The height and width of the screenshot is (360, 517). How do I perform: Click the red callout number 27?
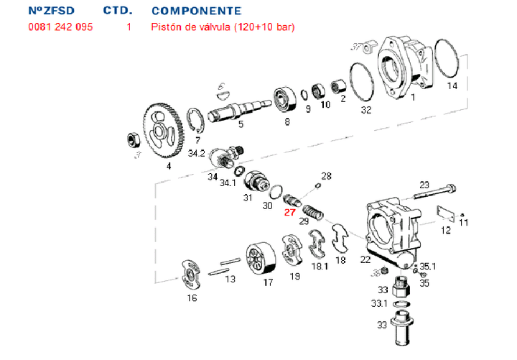(289, 212)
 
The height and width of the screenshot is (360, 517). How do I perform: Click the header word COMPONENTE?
(196, 11)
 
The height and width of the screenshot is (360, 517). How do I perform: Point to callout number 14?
(452, 86)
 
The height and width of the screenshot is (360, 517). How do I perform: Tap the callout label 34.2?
(197, 153)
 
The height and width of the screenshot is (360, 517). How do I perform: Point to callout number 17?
(268, 282)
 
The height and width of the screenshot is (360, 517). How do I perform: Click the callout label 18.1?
(318, 265)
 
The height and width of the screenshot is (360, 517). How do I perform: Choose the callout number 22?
(365, 259)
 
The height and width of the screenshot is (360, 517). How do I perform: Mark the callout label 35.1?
(428, 267)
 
